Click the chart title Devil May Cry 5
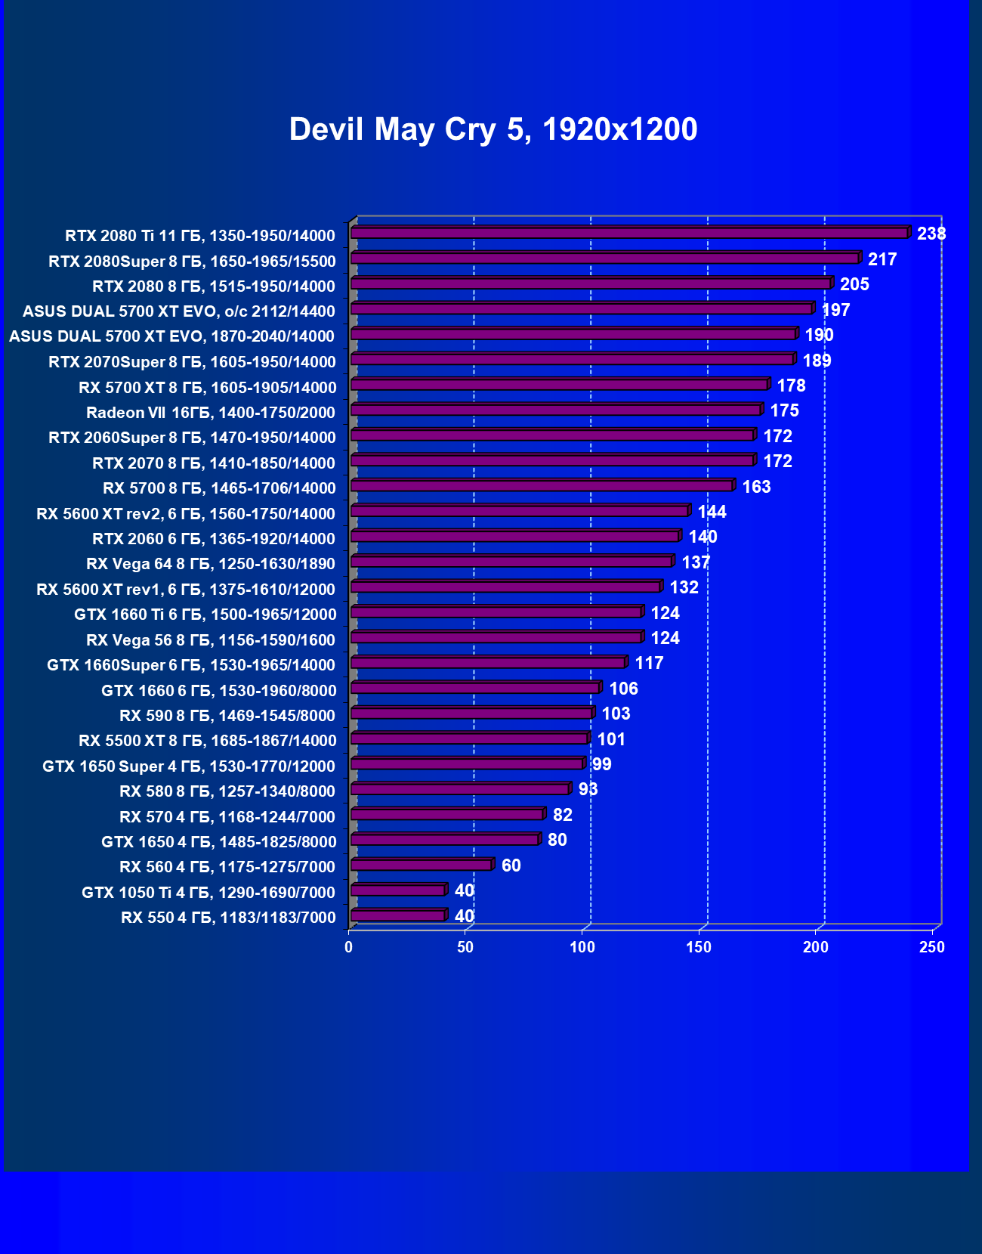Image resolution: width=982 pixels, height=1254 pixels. pos(493,129)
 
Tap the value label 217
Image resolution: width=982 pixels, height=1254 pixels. pos(882,259)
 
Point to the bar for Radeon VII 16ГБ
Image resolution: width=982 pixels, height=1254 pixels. pos(555,410)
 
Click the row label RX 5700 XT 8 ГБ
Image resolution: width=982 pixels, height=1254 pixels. pos(207,388)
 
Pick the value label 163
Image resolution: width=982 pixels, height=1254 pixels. pos(756,487)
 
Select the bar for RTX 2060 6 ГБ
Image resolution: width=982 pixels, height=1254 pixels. pos(514,537)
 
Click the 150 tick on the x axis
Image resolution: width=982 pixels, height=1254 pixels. pos(699,947)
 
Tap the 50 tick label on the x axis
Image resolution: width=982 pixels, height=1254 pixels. pos(465,947)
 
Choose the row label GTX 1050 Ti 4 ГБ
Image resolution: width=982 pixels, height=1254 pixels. pos(208,893)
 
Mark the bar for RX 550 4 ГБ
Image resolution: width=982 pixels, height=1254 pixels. pos(398,916)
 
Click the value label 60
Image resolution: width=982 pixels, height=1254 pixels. pos(511,865)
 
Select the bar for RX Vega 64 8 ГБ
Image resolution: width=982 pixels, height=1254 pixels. pos(511,562)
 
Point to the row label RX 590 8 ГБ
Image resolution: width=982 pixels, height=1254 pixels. pos(227,716)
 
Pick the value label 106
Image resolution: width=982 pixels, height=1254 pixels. pos(623,689)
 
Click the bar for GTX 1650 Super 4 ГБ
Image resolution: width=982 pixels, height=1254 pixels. pos(467,763)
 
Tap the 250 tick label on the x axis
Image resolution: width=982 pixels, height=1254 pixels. pos(932,947)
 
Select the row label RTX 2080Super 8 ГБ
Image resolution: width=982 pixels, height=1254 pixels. pos(192,262)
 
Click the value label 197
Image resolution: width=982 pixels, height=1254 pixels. pos(835,310)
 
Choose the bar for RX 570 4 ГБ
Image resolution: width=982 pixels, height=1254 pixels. pos(446,814)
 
